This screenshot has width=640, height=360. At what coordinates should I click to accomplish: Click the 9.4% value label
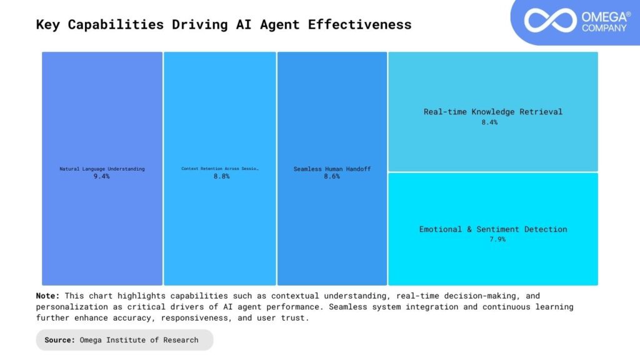(x=101, y=177)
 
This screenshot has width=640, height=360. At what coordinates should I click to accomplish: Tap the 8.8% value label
(x=221, y=177)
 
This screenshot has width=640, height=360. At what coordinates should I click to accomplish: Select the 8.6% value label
(x=332, y=177)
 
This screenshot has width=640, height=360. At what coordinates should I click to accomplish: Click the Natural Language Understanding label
(x=102, y=169)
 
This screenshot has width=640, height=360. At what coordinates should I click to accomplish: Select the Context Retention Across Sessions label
(x=220, y=169)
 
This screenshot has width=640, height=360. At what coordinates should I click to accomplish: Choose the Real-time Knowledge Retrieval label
(x=493, y=112)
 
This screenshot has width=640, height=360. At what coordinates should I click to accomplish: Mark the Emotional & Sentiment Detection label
(x=493, y=229)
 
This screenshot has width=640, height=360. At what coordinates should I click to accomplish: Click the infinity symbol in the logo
(x=549, y=20)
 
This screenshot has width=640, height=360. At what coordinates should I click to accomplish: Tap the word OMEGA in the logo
(x=603, y=16)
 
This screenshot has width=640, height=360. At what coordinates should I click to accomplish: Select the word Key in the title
(x=49, y=25)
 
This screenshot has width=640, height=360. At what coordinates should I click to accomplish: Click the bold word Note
(x=47, y=296)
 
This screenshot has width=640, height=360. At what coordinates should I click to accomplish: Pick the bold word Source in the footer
(x=60, y=340)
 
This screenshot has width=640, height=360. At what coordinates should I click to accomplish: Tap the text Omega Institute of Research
(x=139, y=340)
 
